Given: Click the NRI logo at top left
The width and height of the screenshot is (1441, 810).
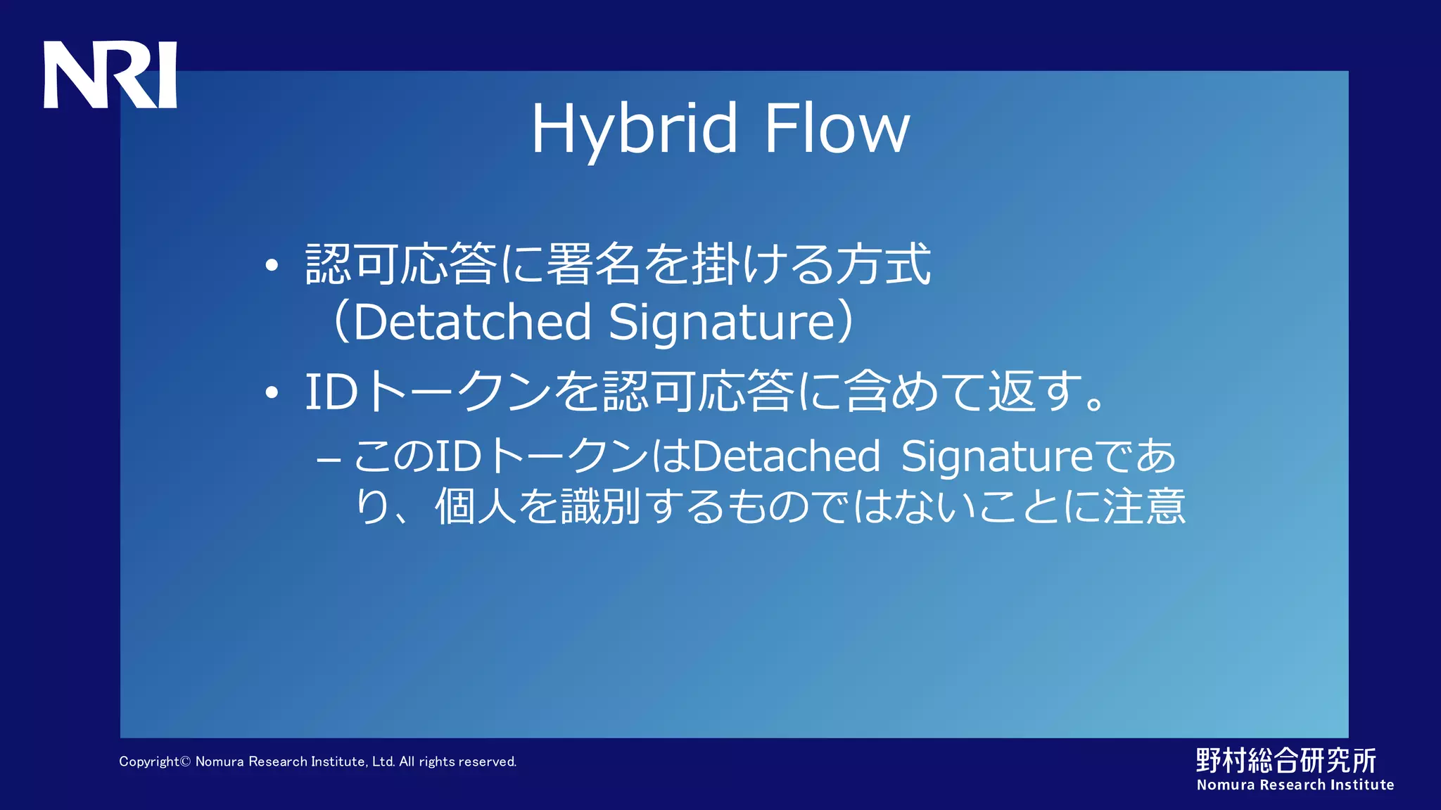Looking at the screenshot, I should pyautogui.click(x=110, y=75).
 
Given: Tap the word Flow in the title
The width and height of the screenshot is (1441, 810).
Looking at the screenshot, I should pyautogui.click(x=837, y=129).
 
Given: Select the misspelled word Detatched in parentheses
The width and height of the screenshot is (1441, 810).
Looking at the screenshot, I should pyautogui.click(x=472, y=322).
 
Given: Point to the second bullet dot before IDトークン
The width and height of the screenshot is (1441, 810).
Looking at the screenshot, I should pyautogui.click(x=272, y=393).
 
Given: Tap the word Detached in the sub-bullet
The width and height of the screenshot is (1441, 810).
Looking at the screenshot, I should pyautogui.click(x=786, y=456).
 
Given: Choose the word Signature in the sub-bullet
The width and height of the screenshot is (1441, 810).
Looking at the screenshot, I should pyautogui.click(x=997, y=456).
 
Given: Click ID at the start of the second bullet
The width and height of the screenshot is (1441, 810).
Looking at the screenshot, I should pyautogui.click(x=331, y=392).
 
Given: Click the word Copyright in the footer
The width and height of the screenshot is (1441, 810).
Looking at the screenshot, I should pyautogui.click(x=150, y=761).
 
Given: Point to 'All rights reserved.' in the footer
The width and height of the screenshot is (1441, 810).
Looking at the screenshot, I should pyautogui.click(x=457, y=761).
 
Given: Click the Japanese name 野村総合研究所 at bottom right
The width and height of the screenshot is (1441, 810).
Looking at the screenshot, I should pyautogui.click(x=1286, y=760).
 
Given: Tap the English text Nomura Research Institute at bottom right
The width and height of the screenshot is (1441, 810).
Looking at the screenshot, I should pyautogui.click(x=1295, y=785).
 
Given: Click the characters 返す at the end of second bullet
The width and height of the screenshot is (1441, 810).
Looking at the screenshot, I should pyautogui.click(x=1034, y=392).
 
